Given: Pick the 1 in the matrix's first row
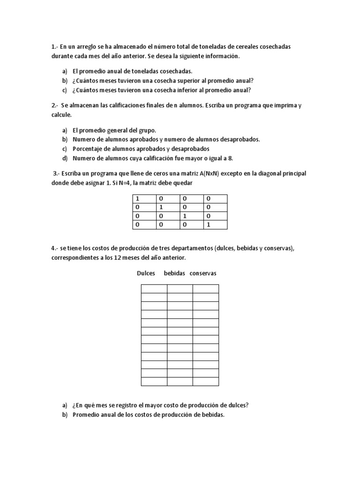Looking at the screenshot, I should tap(138, 199).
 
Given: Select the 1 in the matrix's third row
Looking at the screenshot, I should tap(185, 216).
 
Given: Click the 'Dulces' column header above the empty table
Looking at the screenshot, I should tap(146, 273).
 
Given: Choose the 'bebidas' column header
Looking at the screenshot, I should tap(174, 273).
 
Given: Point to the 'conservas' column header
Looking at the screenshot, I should tap(203, 273).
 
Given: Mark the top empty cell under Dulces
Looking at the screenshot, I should tap(154, 289).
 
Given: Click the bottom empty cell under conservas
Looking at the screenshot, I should tap(205, 381).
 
